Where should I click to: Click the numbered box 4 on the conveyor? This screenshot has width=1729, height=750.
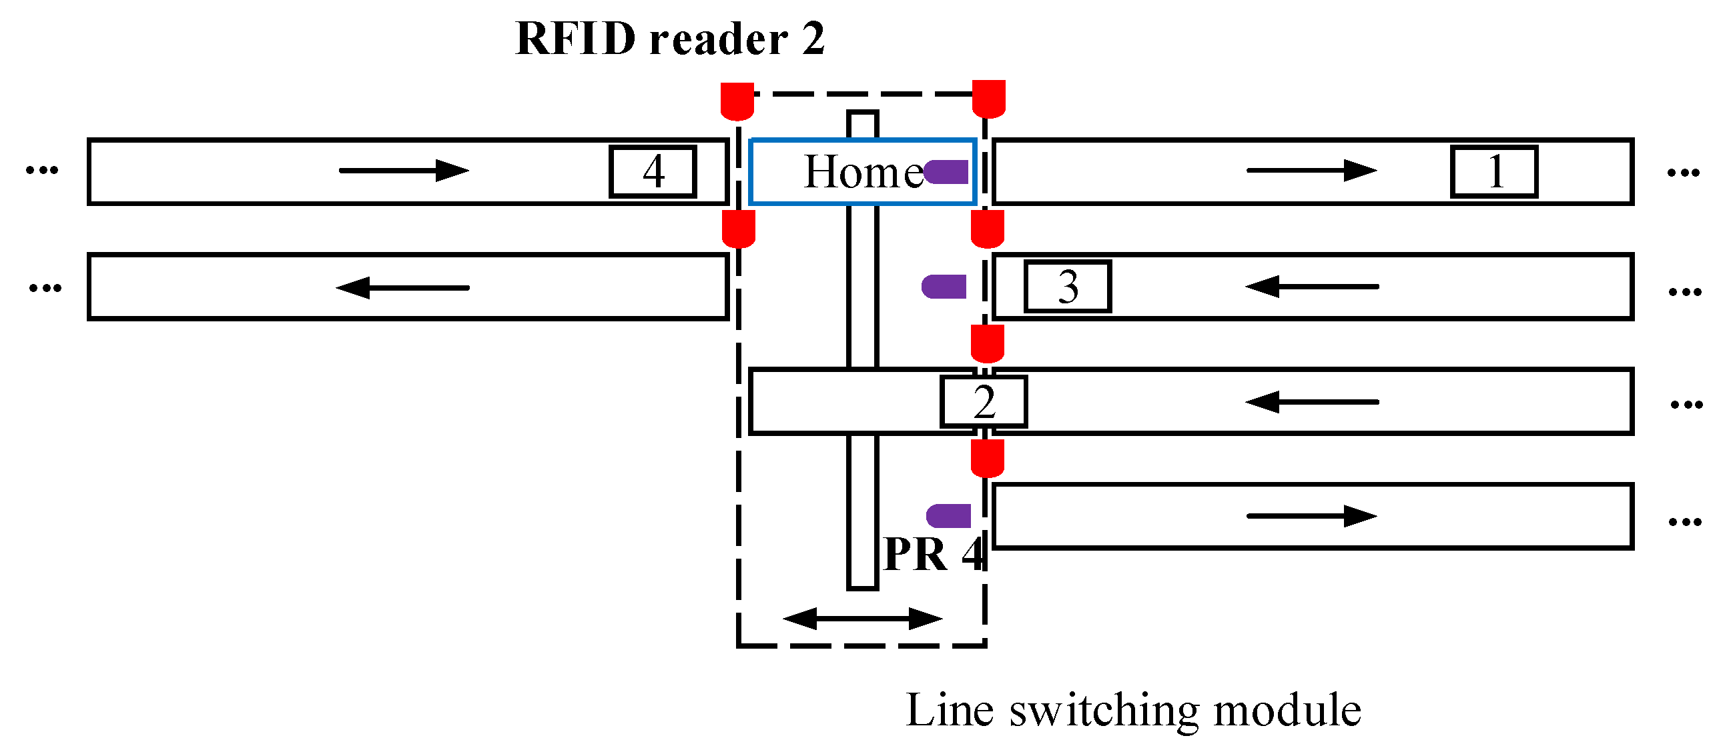click(x=653, y=172)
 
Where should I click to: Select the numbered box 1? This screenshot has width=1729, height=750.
click(x=1493, y=172)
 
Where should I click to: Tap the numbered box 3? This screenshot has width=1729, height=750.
click(x=1067, y=287)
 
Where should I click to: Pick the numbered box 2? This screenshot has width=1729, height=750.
click(x=984, y=402)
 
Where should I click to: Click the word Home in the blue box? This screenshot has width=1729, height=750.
click(x=863, y=172)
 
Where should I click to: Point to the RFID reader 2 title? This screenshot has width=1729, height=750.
click(x=669, y=39)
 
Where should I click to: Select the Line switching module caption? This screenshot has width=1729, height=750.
click(x=1133, y=711)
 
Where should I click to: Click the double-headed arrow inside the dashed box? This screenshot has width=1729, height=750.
click(x=862, y=619)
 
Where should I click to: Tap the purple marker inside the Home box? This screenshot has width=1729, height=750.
click(x=946, y=173)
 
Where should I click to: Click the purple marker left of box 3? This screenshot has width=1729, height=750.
click(x=944, y=287)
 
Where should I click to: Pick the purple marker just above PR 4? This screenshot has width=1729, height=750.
click(x=948, y=516)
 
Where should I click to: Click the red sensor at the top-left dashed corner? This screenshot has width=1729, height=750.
click(x=737, y=101)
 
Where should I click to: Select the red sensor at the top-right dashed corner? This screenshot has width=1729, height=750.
click(x=989, y=99)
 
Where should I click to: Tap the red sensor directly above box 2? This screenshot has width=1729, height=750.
click(x=988, y=343)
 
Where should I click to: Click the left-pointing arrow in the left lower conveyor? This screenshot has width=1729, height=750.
click(x=402, y=288)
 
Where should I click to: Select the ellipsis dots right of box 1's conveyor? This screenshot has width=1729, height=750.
click(x=1683, y=173)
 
